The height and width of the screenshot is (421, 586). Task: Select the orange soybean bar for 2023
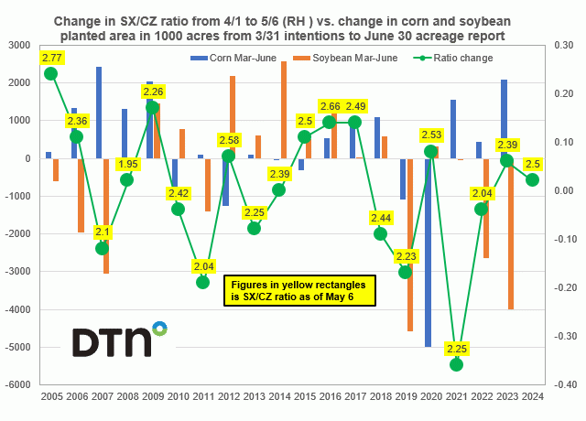[x=511, y=233]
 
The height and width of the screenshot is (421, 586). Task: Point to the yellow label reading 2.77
[x=51, y=58]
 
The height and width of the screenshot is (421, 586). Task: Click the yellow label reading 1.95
[x=127, y=164]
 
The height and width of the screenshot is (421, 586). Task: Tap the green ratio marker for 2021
[x=456, y=364]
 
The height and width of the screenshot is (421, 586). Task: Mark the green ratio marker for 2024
[x=532, y=179]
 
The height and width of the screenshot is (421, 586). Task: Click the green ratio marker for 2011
[x=203, y=282]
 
